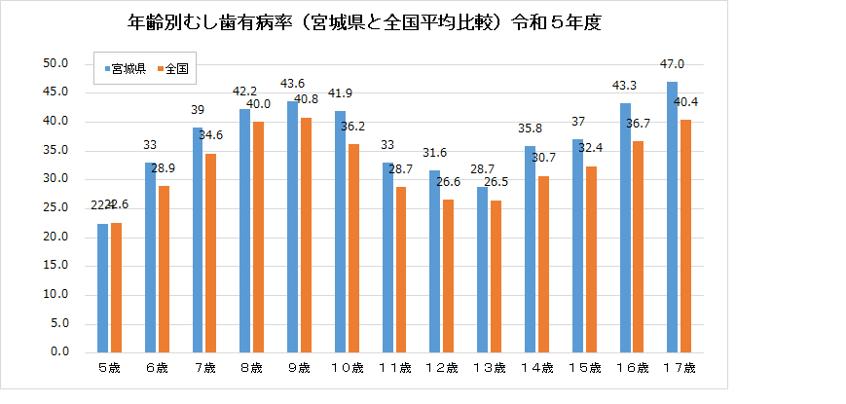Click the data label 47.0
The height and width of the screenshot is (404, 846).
673,64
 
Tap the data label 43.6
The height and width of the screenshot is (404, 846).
292,84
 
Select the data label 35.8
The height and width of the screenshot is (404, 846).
530,129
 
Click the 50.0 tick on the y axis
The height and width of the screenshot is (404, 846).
55,64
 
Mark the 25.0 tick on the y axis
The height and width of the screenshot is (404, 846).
55,208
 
